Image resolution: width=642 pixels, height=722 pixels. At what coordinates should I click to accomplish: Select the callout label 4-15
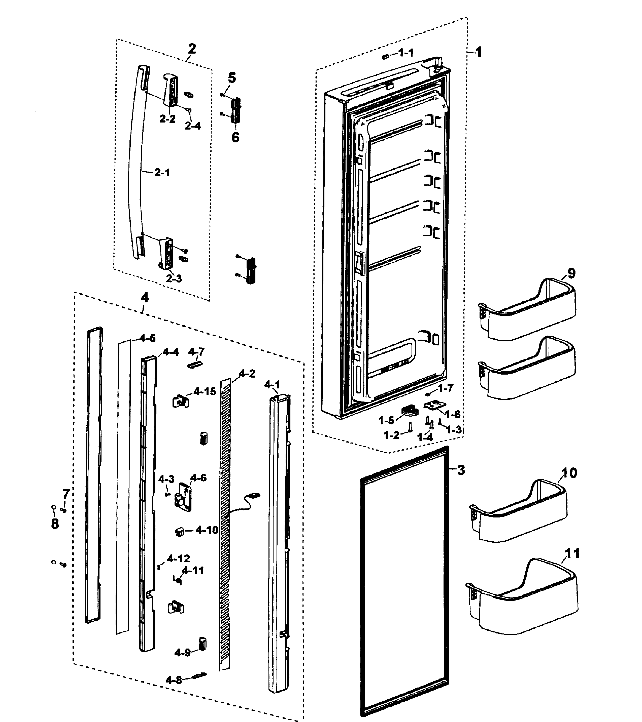coord(205,391)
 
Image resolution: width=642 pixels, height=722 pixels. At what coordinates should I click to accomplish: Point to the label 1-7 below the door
coord(445,388)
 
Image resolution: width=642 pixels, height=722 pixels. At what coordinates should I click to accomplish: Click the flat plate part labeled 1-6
coord(434,405)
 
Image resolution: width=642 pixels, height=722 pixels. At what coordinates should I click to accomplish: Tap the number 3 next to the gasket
coord(461,470)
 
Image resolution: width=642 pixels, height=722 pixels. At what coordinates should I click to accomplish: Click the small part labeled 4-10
coord(180,532)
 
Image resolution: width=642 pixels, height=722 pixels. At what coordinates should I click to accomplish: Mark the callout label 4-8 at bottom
coord(174,680)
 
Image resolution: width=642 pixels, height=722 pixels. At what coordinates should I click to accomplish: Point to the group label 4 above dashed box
coord(145,298)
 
